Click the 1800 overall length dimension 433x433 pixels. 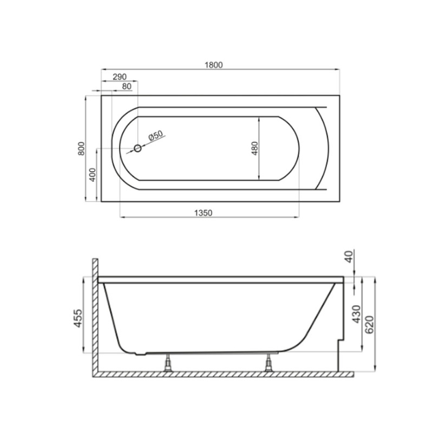[x=214, y=64]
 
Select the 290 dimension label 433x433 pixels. [x=120, y=76]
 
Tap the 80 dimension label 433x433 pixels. [x=127, y=86]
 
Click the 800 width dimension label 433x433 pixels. [x=81, y=148]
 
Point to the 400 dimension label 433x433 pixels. [x=92, y=175]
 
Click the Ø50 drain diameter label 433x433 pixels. [x=155, y=136]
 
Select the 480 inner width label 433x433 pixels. [x=254, y=148]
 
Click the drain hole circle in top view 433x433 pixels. [x=137, y=148]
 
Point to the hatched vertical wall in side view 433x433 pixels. [x=94, y=314]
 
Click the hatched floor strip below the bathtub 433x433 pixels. [x=222, y=373]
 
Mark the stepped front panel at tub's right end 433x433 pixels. [x=339, y=346]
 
